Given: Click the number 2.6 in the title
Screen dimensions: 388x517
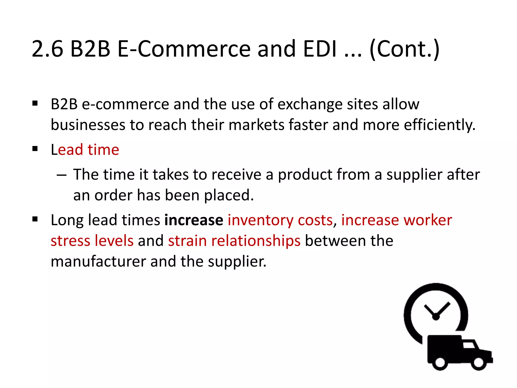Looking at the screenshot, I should (47, 49).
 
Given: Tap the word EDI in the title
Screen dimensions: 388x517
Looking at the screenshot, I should (320, 49).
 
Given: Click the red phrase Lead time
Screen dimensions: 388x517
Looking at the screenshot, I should (85, 150).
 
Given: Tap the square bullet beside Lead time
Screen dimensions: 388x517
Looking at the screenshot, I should (35, 149).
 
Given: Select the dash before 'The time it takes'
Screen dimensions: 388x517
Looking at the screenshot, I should (62, 175).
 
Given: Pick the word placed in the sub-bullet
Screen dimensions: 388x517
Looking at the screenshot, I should (229, 196).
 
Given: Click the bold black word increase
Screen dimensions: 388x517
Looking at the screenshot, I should (194, 220).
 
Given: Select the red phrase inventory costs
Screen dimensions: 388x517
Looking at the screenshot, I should (280, 220).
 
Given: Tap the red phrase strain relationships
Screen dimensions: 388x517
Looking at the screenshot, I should (234, 241).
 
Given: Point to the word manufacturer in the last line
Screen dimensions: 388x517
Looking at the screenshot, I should (98, 261).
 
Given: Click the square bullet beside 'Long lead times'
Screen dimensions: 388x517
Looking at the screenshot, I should (35, 219).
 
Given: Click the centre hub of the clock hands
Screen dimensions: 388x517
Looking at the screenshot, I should (436, 317).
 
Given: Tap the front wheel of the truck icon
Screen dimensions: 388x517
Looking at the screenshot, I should (478, 362).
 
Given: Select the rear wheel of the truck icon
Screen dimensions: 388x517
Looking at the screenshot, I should (440, 362).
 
